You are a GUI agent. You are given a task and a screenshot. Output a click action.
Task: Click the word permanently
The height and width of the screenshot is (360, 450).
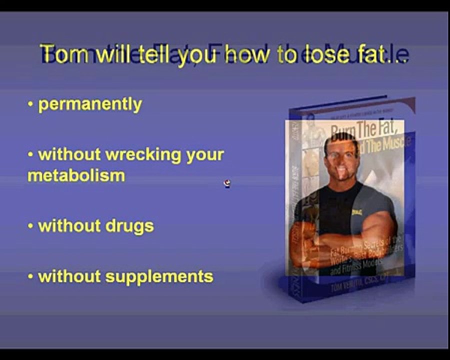click(90, 104)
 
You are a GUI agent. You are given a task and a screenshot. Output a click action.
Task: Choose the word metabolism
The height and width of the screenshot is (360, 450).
click(76, 175)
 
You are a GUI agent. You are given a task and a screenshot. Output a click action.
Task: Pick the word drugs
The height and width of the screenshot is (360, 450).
click(129, 226)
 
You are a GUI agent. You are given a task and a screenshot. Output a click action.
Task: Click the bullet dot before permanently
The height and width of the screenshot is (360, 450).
click(30, 104)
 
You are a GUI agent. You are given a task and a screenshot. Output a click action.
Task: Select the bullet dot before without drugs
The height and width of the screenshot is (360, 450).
click(30, 225)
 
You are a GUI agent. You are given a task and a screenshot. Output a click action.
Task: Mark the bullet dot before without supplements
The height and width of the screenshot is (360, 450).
click(30, 276)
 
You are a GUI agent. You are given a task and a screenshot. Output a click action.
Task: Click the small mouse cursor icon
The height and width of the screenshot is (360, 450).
click(227, 183)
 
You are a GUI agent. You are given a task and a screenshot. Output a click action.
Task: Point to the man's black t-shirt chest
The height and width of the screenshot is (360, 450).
click(345, 205)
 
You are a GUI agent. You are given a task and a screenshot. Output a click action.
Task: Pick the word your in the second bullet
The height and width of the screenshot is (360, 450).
click(205, 154)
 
